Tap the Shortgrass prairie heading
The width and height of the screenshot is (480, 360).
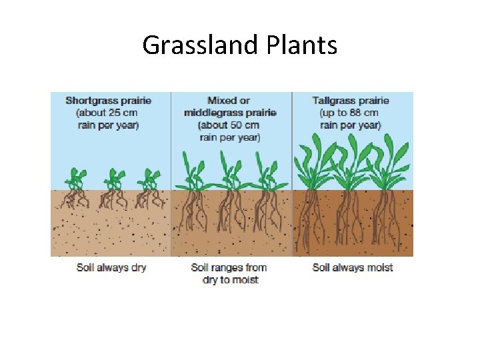108,101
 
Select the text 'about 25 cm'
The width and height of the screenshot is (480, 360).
108,113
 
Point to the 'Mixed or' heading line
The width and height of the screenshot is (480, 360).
231,101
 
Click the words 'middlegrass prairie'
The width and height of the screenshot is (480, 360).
231,113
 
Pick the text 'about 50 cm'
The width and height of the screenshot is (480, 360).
231,125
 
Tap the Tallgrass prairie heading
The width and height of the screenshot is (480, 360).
351,101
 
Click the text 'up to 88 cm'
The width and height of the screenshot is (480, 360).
351,113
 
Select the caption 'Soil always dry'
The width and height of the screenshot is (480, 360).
111,267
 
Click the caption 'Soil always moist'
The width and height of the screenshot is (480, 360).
353,267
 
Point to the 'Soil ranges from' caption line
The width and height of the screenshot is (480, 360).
229,267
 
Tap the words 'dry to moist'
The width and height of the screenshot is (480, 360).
230,280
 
